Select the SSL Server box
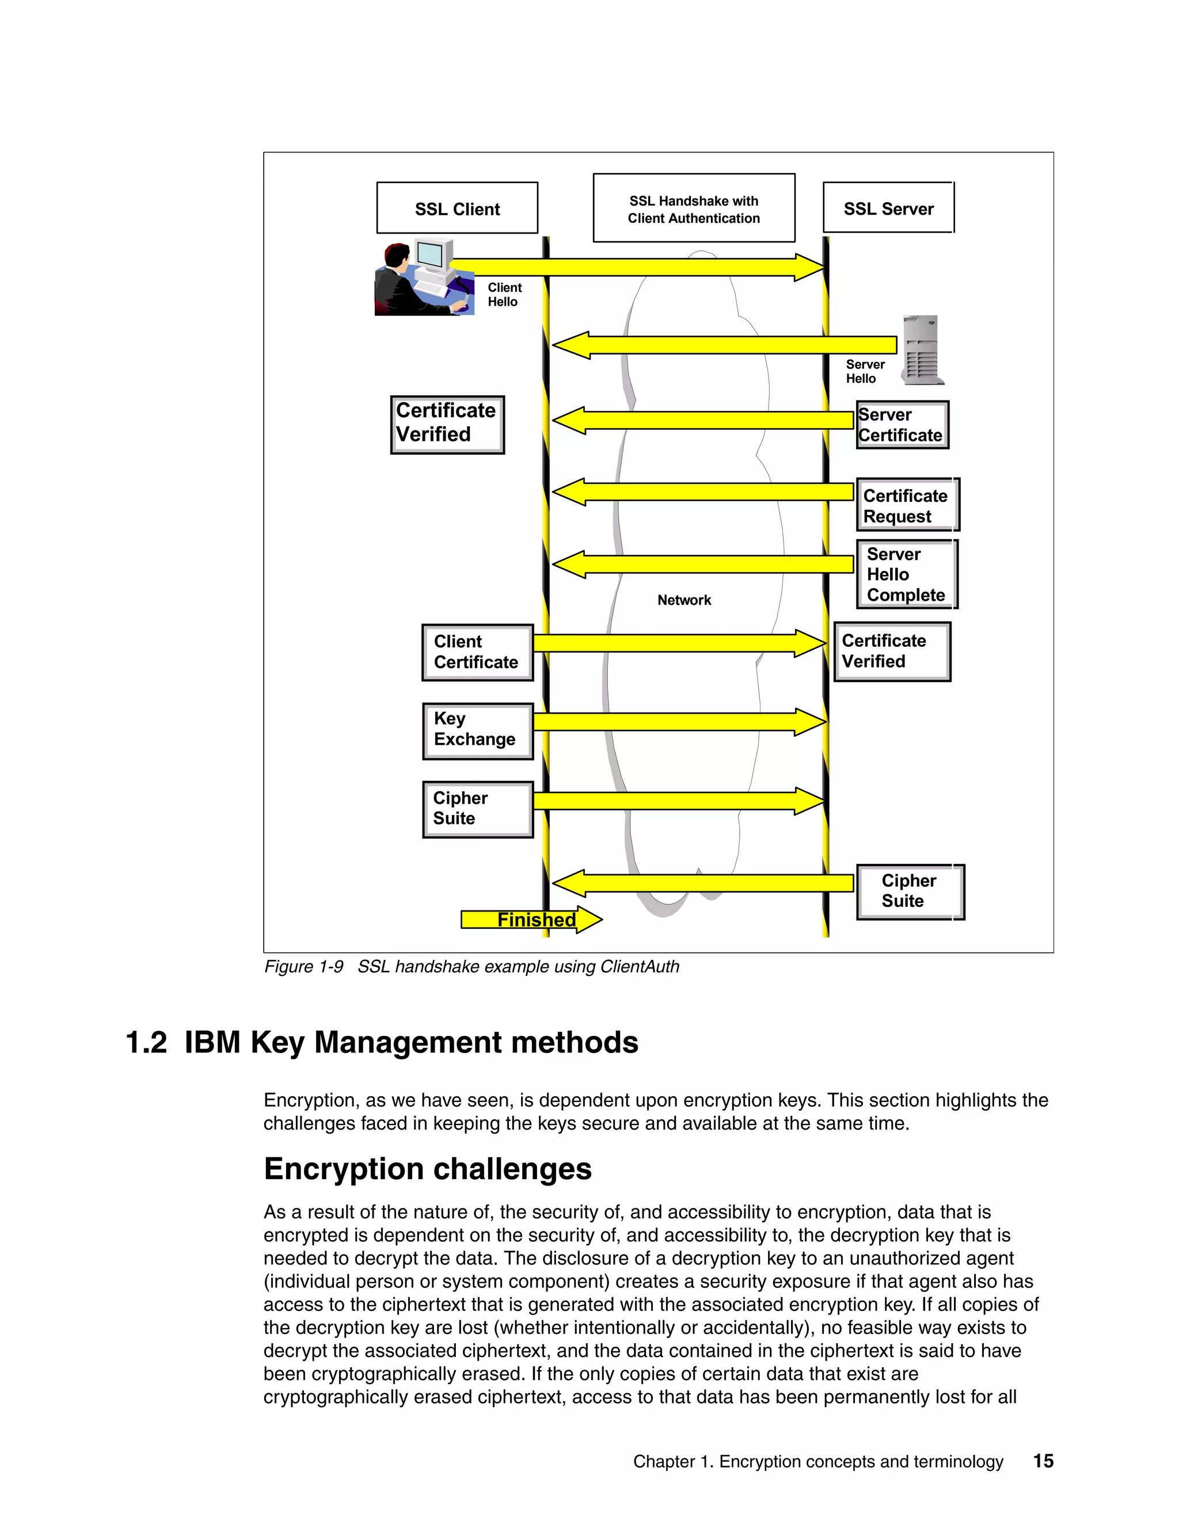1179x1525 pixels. (888, 208)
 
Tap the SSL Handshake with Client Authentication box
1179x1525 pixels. (694, 208)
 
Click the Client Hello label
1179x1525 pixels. (504, 295)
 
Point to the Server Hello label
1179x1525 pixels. (865, 372)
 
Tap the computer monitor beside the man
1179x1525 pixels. (433, 256)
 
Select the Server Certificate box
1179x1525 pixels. (902, 425)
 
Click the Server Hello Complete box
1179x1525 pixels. (906, 574)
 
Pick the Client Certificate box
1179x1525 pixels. (477, 652)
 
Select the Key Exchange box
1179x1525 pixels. (477, 730)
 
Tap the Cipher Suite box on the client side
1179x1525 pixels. (477, 809)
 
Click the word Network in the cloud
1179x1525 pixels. (684, 600)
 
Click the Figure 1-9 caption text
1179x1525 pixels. (471, 966)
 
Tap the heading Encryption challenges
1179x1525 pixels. (428, 1169)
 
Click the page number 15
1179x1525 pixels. (1043, 1461)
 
